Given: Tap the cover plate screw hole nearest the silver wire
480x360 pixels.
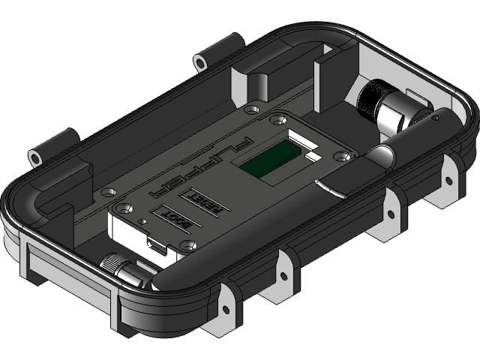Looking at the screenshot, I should (345, 157).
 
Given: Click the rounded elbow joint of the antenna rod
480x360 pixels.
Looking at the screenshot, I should (382, 157).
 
